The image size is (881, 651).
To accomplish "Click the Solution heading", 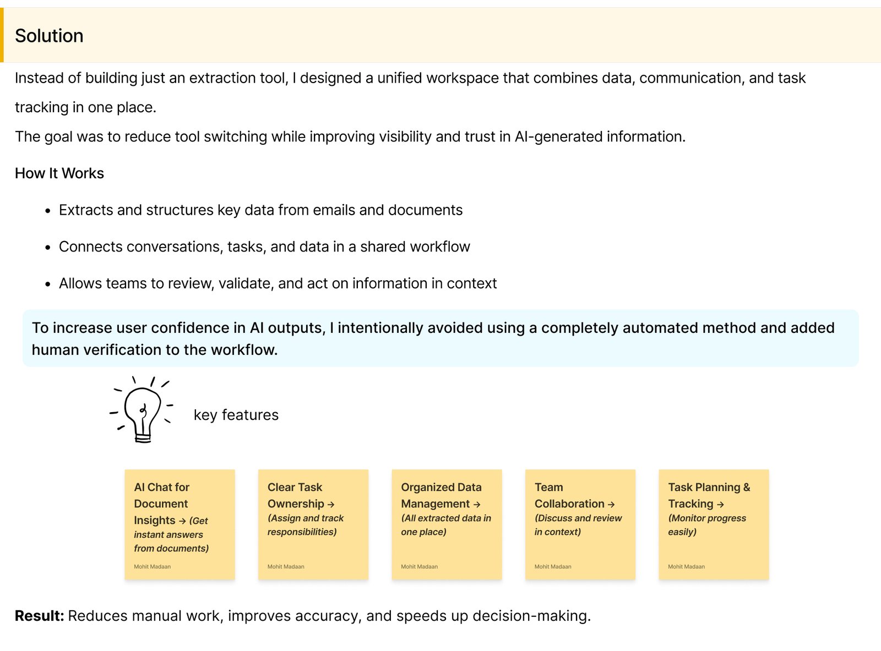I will pos(49,36).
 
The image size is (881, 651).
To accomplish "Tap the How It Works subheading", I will pos(59,173).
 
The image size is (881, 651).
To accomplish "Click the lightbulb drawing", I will pos(142,410).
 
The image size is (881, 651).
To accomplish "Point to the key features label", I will pos(236,415).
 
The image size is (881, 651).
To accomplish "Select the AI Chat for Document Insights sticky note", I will pos(180,524).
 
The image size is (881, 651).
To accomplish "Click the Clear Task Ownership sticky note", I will pos(313,524).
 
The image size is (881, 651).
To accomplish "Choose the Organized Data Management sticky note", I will pos(447,524).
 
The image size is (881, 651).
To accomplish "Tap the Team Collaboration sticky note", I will pos(580,524).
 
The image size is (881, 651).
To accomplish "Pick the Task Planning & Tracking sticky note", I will pos(714,524).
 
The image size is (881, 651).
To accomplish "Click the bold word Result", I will pos(39,616).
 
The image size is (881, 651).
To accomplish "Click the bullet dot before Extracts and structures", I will pos(48,211).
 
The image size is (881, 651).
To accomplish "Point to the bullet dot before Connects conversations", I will pos(48,248).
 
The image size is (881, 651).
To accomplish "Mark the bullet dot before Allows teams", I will pos(48,285).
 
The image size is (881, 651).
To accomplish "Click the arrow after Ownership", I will pos(331,504).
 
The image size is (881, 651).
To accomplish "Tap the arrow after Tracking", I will pos(720,504).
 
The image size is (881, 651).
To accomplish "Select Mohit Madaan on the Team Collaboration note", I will pos(553,566).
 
